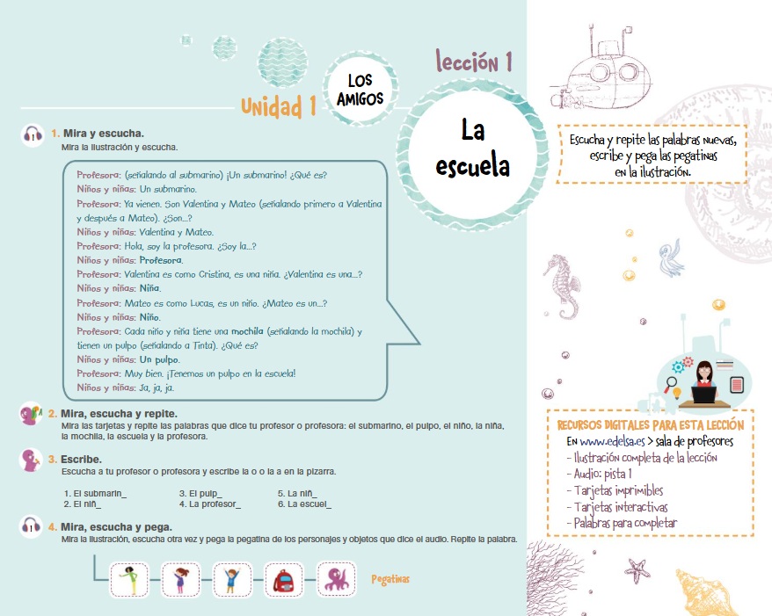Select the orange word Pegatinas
click(x=390, y=579)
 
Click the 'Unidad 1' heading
click(x=279, y=107)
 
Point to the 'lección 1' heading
click(x=475, y=62)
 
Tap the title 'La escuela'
click(x=473, y=148)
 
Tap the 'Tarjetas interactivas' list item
click(x=618, y=507)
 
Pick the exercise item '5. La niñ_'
click(x=297, y=493)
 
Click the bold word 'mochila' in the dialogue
click(x=249, y=331)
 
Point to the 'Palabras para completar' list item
click(x=623, y=524)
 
